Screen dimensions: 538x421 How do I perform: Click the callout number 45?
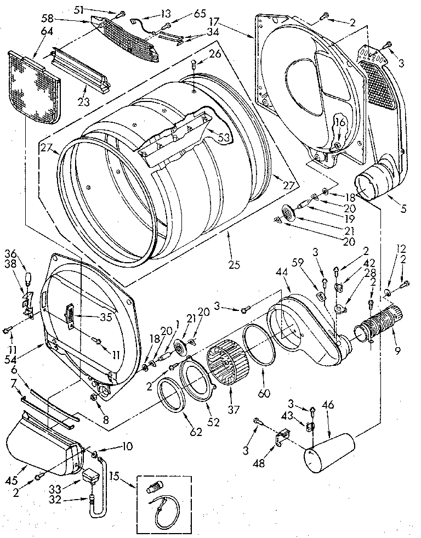(26, 466)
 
